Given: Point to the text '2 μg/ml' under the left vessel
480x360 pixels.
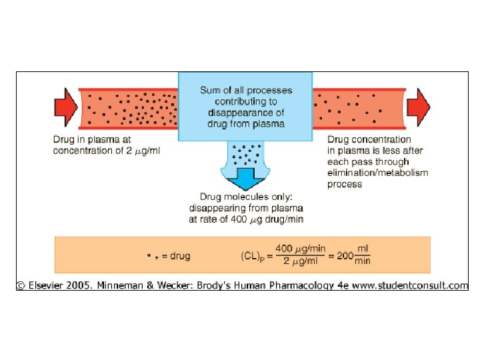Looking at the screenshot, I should pos(142,151).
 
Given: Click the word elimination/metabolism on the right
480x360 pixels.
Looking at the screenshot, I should pos(377,173).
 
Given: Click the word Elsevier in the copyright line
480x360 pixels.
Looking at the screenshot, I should pos(48,285).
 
